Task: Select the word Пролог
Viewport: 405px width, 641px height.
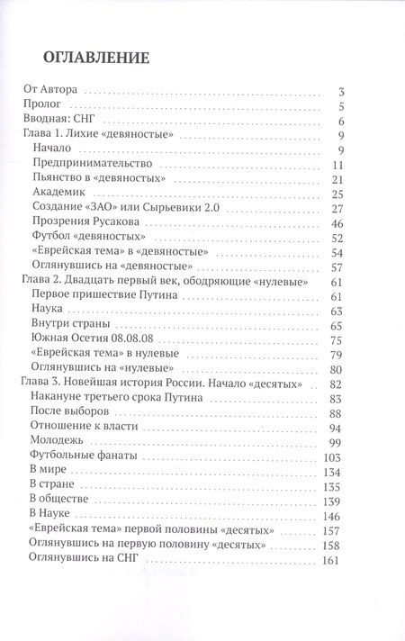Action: [x=40, y=106]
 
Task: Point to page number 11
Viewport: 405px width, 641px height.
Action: [x=339, y=165]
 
